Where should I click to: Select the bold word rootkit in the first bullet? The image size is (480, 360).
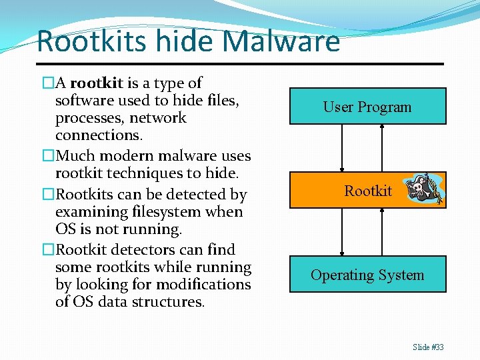click(x=97, y=83)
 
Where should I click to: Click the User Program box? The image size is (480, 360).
click(x=367, y=107)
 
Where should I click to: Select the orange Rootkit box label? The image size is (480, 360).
click(x=368, y=191)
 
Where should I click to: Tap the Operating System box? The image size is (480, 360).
click(x=367, y=275)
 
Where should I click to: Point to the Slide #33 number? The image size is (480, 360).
click(x=428, y=347)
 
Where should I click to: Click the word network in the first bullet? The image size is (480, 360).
click(x=158, y=118)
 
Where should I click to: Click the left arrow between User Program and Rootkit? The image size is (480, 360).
click(x=341, y=148)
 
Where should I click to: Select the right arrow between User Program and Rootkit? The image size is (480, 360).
click(x=382, y=148)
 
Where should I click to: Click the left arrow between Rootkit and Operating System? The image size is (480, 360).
click(x=341, y=232)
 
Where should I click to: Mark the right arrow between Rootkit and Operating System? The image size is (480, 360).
click(x=382, y=232)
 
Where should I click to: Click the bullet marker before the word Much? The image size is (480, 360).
click(x=48, y=156)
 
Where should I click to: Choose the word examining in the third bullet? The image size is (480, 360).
click(x=89, y=212)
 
